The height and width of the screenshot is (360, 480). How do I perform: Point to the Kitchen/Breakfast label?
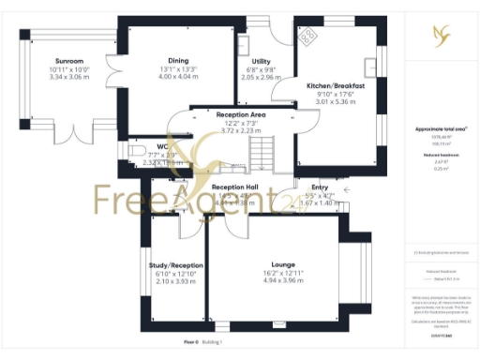pyautogui.click(x=335, y=85)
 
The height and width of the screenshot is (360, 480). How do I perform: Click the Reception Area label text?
pyautogui.click(x=241, y=114)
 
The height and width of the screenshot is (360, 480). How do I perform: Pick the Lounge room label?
pyautogui.click(x=283, y=264)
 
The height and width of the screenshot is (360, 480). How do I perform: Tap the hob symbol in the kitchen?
pyautogui.click(x=308, y=35)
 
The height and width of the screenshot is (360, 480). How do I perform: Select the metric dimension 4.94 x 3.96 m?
pyautogui.click(x=283, y=279)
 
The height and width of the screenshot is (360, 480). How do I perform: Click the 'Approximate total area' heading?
pyautogui.click(x=440, y=128)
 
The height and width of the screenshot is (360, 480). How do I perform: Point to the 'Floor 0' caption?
pyautogui.click(x=190, y=343)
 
